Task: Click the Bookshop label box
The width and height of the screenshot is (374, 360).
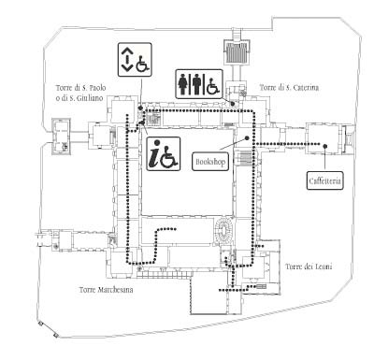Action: pos(210,162)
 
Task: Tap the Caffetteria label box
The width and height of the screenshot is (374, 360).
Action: pos(325,180)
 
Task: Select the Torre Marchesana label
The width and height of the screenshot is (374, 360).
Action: pos(107,290)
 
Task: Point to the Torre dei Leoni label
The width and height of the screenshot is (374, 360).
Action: pos(309,266)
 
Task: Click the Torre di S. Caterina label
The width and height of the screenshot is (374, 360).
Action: pos(289,88)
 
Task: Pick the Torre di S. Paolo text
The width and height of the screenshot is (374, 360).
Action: pos(81,88)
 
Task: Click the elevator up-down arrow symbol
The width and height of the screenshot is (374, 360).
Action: pos(126,59)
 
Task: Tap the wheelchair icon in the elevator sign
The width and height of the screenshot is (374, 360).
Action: pos(143,64)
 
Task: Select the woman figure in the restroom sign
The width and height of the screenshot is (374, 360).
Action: pos(182,84)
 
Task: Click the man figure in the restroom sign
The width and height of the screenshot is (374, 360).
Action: pos(196,84)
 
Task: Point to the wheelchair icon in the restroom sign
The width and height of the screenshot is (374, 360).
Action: pos(213,86)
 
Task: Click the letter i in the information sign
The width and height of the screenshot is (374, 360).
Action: pos(154,154)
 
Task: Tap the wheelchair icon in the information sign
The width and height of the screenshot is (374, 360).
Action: pos(170,156)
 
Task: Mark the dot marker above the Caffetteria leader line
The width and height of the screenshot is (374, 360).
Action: pos(325,146)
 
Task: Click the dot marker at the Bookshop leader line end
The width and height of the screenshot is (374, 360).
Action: pos(247,137)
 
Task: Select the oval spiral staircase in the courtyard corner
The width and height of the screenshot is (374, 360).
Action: pos(223,231)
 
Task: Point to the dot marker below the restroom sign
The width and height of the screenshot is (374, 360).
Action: pos(232,104)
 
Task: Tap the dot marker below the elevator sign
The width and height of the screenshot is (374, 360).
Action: pos(140,108)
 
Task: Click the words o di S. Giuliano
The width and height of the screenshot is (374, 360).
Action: pos(79,97)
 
